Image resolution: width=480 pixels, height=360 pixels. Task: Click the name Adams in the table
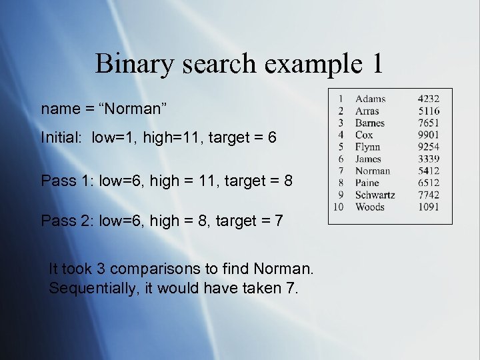[x=370, y=99]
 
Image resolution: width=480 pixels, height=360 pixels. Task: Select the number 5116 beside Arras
[x=429, y=111]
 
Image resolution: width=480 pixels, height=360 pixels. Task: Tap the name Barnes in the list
[x=370, y=123]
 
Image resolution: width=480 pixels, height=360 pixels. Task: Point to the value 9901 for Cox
[x=429, y=135]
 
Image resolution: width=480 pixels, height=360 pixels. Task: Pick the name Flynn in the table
[x=368, y=147]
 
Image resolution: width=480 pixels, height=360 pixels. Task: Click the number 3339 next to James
[x=429, y=159]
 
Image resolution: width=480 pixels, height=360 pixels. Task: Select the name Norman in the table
[x=373, y=171]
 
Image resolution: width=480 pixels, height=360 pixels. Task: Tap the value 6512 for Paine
[x=429, y=183]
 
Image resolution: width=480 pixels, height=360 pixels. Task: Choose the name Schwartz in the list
[x=375, y=195]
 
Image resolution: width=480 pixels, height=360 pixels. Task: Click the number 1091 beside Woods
[x=429, y=207]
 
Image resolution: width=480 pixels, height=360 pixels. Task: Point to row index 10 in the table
[x=339, y=207]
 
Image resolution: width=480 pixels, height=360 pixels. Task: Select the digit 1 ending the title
[x=376, y=64]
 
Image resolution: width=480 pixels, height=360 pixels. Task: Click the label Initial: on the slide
[x=63, y=137]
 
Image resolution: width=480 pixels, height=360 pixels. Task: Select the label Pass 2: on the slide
[x=67, y=220]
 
